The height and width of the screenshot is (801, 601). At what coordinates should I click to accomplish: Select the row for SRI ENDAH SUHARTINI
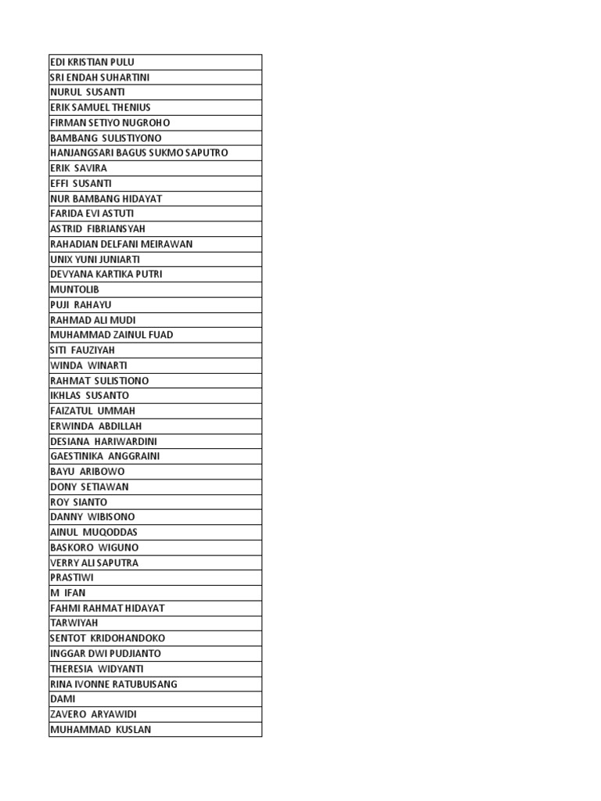99,77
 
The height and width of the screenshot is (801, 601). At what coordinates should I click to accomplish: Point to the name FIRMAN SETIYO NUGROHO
110,123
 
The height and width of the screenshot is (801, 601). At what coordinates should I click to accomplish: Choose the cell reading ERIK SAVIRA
78,168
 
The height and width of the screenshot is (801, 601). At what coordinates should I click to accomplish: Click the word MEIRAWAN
167,244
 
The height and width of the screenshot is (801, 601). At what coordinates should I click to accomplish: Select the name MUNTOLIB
74,289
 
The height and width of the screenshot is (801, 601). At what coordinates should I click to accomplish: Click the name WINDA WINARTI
88,365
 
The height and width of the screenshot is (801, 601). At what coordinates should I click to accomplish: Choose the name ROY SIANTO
78,502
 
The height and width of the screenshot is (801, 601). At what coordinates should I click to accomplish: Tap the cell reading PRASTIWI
72,577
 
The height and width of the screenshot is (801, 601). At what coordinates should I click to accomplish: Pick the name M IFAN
67,593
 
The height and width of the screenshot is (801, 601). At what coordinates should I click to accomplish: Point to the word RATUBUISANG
147,684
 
